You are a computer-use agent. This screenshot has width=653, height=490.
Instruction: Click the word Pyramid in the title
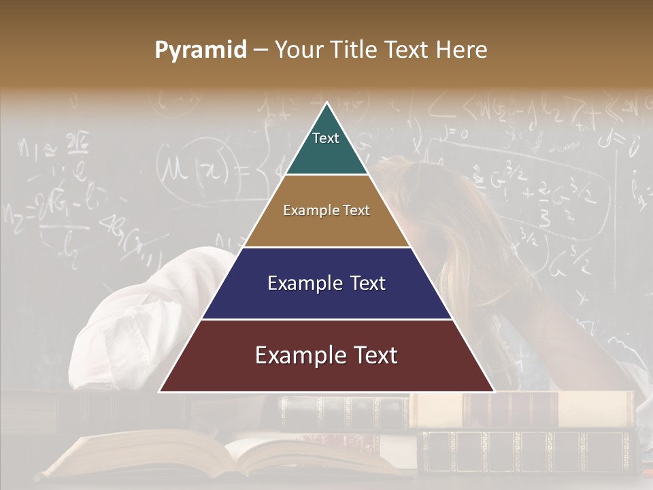200,50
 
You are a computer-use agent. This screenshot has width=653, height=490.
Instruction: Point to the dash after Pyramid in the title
260,50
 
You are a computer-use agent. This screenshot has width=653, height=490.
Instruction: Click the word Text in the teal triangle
326,138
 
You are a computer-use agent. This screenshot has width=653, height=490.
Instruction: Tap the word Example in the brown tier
307,210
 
